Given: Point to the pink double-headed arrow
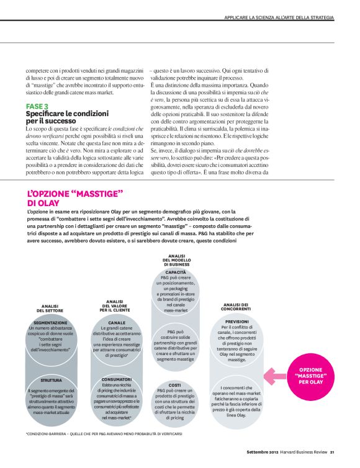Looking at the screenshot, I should pos(273,374).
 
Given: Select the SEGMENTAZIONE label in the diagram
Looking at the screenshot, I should pos(50,323).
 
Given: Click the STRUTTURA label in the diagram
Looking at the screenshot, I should pos(50,380).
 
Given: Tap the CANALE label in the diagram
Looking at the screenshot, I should pos(117,323).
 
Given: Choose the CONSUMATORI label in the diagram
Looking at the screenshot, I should pos(117,379).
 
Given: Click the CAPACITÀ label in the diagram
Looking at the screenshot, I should pos(176,272).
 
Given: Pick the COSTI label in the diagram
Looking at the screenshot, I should pos(175,385).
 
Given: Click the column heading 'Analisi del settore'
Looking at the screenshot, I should pos(50,308).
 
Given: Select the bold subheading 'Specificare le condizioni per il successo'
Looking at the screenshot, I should pos(67,117).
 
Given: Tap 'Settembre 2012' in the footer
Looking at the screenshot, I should pos(261,451).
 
